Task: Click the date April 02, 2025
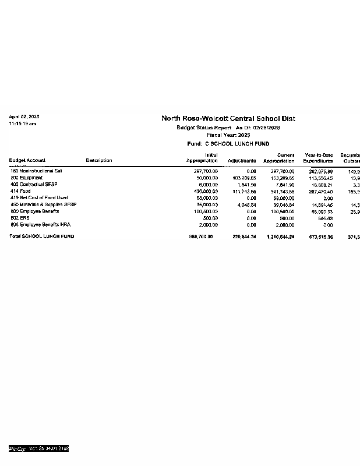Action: (24, 117)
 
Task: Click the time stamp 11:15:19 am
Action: (23, 123)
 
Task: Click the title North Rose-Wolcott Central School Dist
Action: (228, 118)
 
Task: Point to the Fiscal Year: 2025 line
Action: (228, 135)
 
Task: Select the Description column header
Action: (98, 161)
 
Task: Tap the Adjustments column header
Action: (242, 161)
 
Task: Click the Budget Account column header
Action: (27, 161)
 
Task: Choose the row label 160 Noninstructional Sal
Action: (36, 171)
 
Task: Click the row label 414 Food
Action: (20, 191)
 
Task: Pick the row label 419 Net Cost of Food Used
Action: (39, 197)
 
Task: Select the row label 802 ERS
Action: (20, 217)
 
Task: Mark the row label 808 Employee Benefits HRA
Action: (40, 224)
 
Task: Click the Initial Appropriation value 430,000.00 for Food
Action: (206, 191)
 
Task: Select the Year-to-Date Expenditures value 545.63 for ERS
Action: (326, 218)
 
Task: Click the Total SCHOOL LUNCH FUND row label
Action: (41, 236)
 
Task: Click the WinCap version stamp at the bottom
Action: (38, 449)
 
